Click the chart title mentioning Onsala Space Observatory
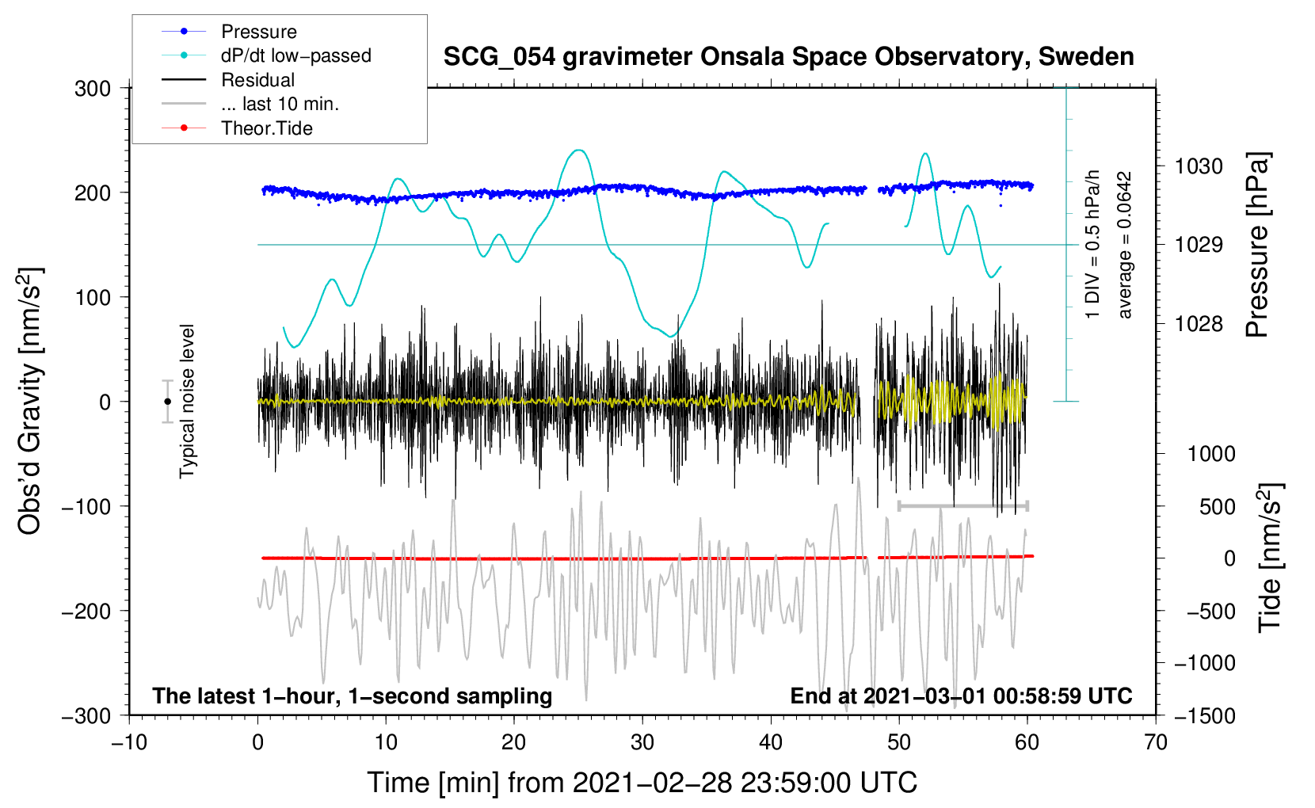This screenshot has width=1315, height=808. tap(788, 57)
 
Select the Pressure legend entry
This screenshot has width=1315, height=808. tap(258, 32)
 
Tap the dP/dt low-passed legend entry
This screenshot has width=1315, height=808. tap(295, 55)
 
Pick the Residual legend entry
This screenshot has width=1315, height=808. tap(257, 80)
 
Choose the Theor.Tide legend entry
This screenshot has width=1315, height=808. tap(266, 128)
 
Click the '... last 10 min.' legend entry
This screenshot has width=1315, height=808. tap(280, 104)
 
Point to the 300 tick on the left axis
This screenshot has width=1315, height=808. tap(93, 88)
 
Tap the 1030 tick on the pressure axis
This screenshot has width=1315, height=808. tap(1198, 166)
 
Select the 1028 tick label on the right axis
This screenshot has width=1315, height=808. tap(1198, 323)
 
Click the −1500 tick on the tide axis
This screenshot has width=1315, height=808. tap(1204, 715)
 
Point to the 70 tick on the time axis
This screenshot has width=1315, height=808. tap(1156, 742)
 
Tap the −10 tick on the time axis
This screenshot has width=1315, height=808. tap(129, 742)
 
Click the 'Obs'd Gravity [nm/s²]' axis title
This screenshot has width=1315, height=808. tap(30, 401)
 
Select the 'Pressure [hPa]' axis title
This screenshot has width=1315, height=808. tap(1257, 246)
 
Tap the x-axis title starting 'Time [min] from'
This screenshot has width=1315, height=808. tap(642, 783)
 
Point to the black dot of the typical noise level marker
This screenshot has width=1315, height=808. tap(167, 402)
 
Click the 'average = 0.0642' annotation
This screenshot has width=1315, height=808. tap(1125, 246)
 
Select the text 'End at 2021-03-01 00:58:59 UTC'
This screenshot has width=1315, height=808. tap(961, 696)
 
